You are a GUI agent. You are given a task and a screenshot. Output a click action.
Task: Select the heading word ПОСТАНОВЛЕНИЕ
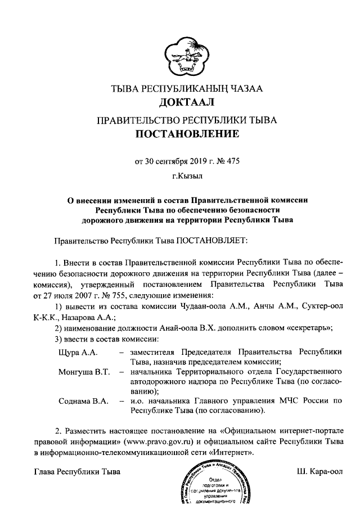tap(180, 134)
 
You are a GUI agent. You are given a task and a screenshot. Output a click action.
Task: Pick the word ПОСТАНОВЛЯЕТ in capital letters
tap(211, 240)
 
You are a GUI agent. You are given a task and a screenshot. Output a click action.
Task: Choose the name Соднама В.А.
tap(83, 401)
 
